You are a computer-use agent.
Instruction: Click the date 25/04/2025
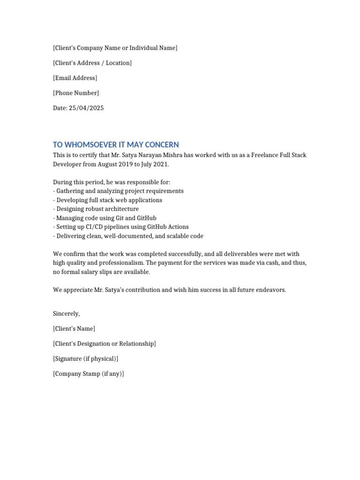click(87, 108)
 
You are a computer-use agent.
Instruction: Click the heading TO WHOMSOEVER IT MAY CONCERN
click(116, 145)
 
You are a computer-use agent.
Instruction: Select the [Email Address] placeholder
click(75, 78)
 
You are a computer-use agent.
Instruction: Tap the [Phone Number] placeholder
click(76, 93)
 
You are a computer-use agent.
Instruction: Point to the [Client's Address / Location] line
click(92, 63)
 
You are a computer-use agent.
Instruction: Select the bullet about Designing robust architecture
click(96, 209)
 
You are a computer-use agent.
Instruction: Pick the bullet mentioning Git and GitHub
click(105, 218)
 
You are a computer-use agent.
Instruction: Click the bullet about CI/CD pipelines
click(121, 227)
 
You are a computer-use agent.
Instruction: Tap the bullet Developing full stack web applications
click(108, 200)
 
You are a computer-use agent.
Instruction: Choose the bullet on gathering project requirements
click(119, 191)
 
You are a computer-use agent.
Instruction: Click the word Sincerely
click(66, 314)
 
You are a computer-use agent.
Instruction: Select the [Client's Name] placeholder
click(74, 329)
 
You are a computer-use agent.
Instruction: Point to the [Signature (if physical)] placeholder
click(86, 359)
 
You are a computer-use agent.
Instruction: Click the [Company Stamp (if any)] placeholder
click(89, 374)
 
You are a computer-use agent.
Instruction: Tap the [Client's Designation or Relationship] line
click(105, 344)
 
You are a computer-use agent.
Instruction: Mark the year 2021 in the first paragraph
click(160, 165)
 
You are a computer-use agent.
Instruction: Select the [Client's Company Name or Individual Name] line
click(115, 48)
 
